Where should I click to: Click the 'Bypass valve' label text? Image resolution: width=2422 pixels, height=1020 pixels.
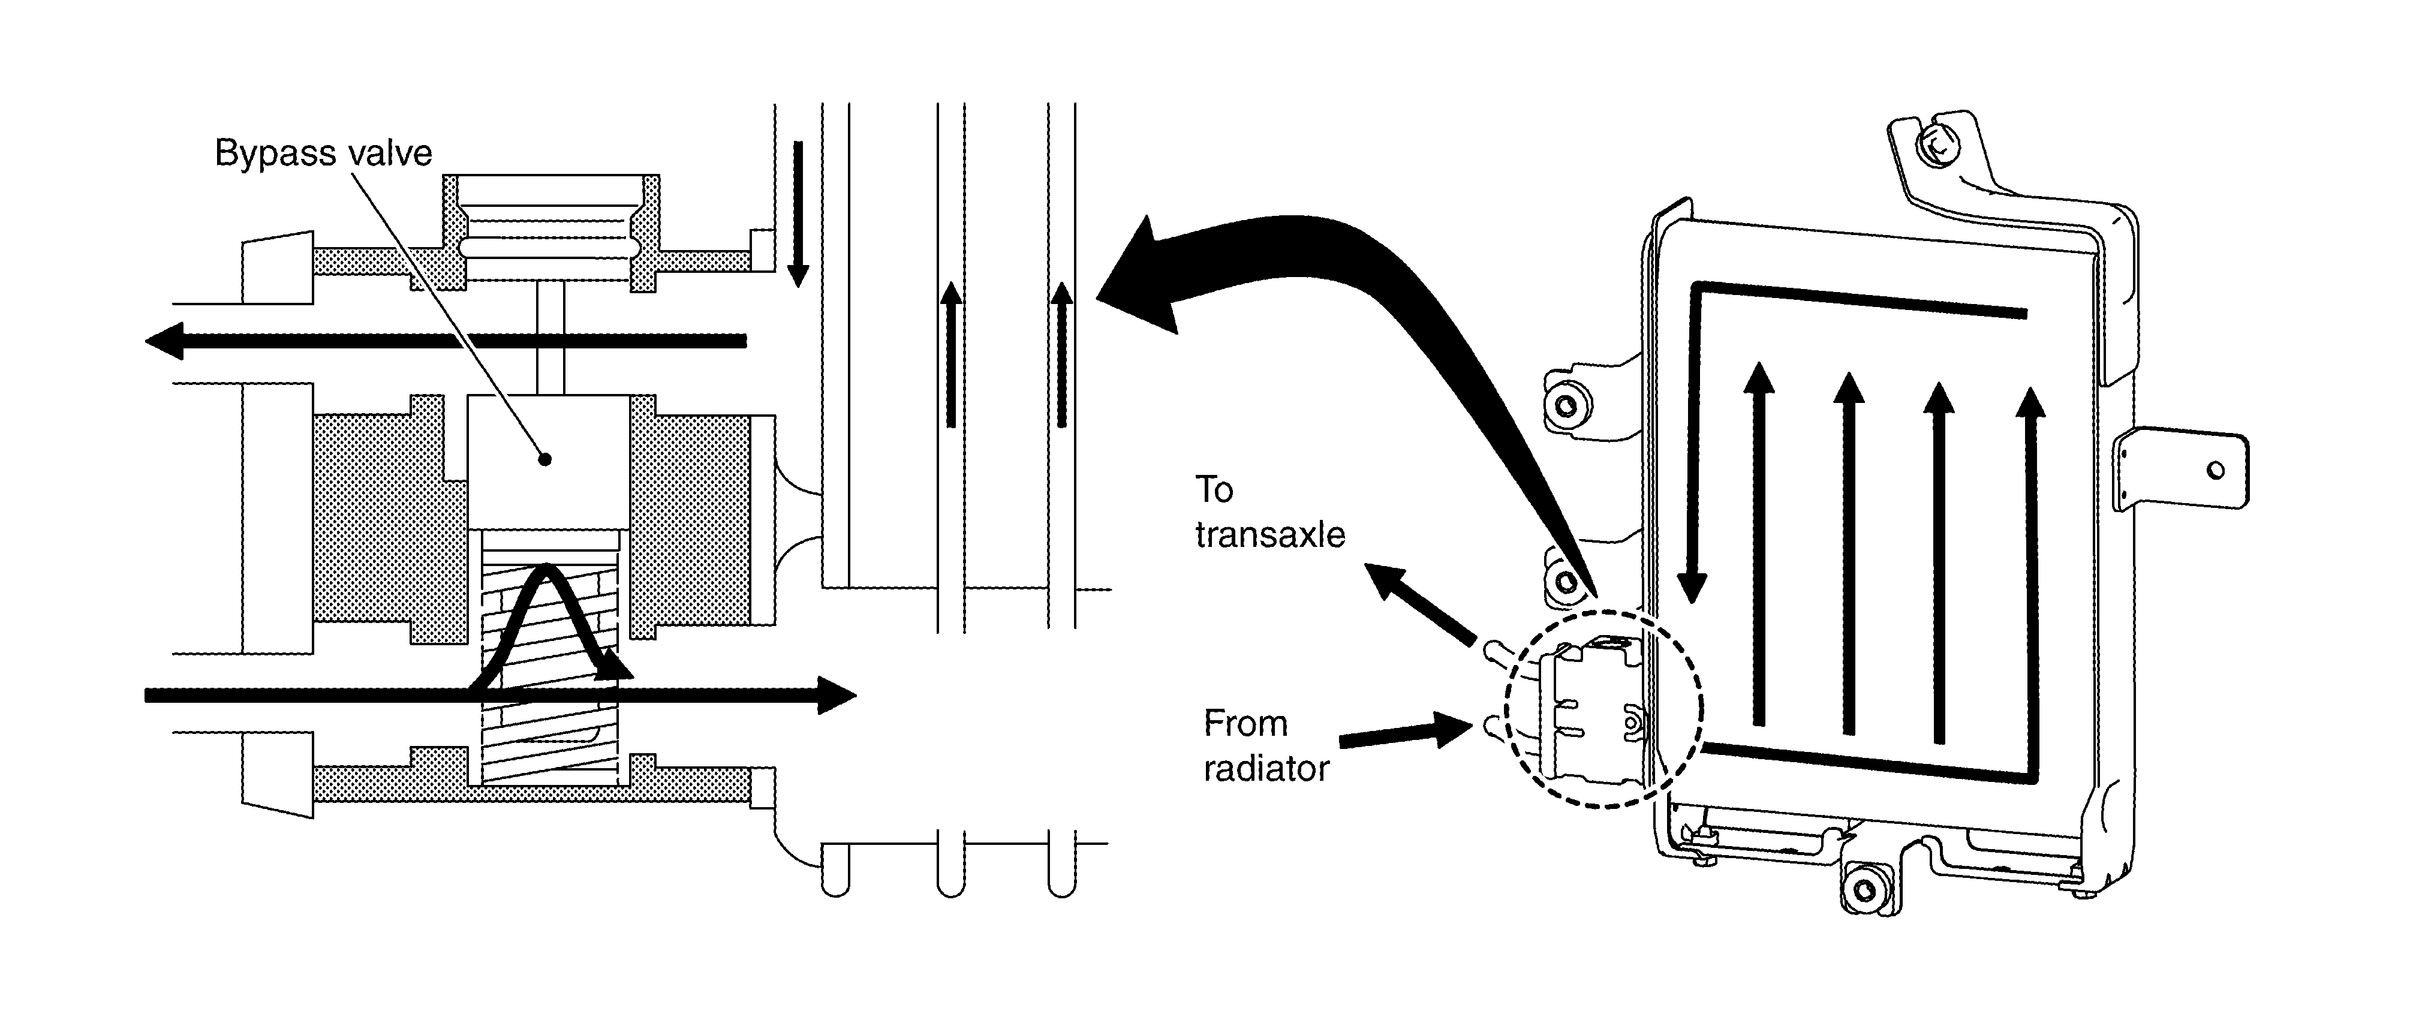323,154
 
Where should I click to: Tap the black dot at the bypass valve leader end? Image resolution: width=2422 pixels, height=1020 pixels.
544,459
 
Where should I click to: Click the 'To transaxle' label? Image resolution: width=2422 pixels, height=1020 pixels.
1269,512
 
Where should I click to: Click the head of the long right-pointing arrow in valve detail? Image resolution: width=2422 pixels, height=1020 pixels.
837,696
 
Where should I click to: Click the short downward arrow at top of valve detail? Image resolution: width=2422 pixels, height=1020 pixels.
798,213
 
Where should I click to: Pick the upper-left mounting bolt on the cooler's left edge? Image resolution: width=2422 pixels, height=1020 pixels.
1564,406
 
